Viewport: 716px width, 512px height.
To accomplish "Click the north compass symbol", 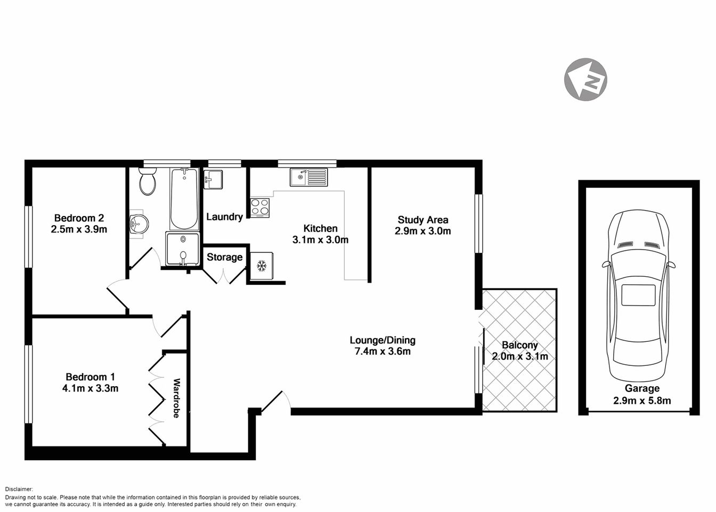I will (585, 79).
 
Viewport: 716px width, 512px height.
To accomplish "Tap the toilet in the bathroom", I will (147, 182).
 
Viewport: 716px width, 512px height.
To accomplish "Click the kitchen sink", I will (308, 177).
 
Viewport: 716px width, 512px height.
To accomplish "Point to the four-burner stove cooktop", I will (260, 207).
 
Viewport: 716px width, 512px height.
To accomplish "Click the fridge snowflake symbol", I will (262, 265).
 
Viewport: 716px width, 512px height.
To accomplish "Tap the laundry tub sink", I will (213, 179).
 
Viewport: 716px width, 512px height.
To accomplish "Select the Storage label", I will (224, 257).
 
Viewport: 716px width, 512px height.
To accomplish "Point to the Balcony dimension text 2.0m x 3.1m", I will (519, 357).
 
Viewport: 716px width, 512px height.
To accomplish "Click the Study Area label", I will (422, 219).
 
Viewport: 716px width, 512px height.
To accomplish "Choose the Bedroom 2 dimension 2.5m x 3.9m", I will (79, 229).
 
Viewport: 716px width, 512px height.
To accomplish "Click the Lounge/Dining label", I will (382, 340).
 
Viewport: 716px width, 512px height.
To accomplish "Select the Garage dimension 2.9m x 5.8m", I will (642, 401).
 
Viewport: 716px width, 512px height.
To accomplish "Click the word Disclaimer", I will (19, 489).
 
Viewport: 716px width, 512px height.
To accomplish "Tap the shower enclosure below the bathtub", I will (183, 249).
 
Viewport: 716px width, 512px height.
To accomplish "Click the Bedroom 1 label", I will (90, 377).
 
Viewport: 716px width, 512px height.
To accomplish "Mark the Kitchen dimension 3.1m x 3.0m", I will (320, 240).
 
